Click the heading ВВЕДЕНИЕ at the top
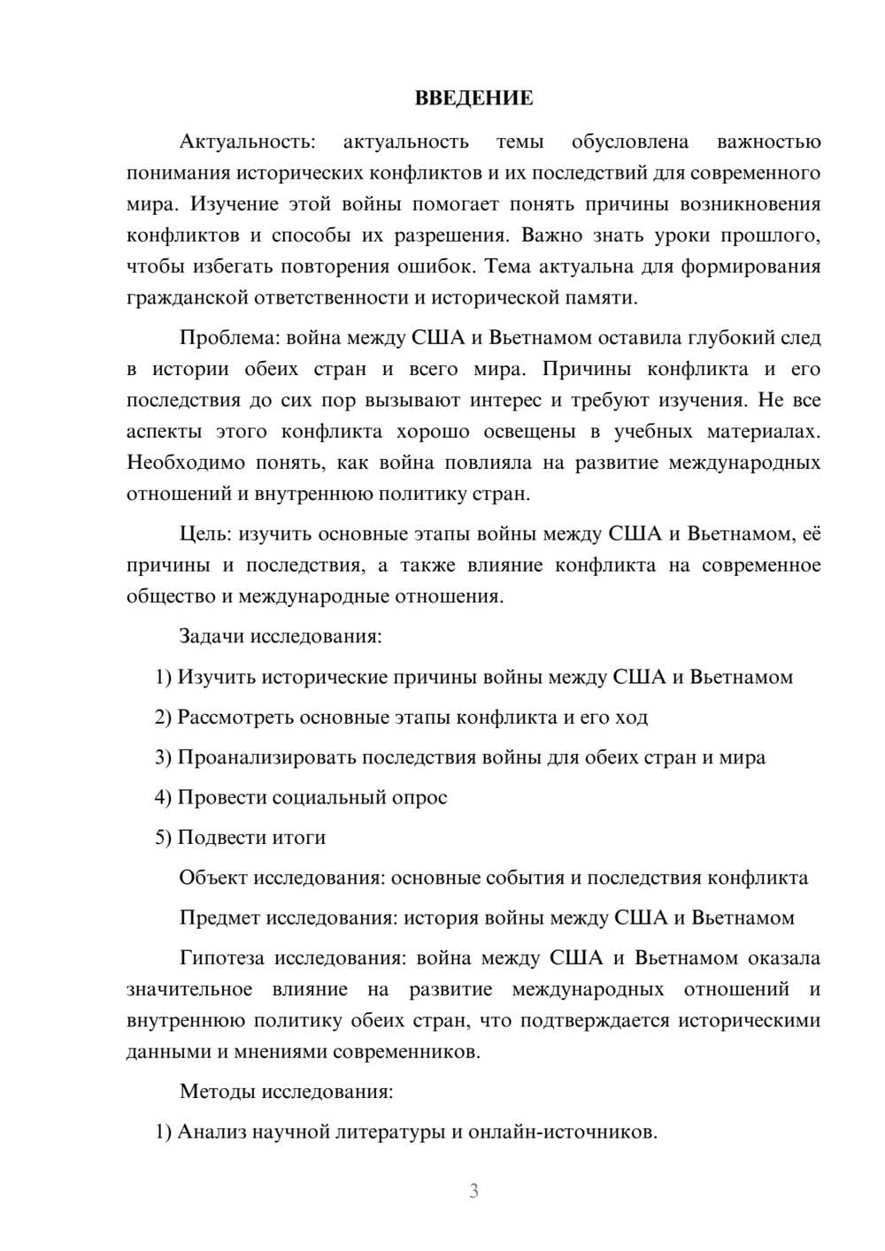(473, 98)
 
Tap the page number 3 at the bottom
(473, 1191)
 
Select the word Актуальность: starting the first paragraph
(246, 142)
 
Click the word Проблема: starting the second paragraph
(230, 338)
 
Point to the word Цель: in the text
(205, 533)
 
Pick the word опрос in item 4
(419, 797)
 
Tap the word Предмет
(219, 917)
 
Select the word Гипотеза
(223, 958)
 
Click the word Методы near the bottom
(217, 1091)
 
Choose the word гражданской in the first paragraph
(175, 298)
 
